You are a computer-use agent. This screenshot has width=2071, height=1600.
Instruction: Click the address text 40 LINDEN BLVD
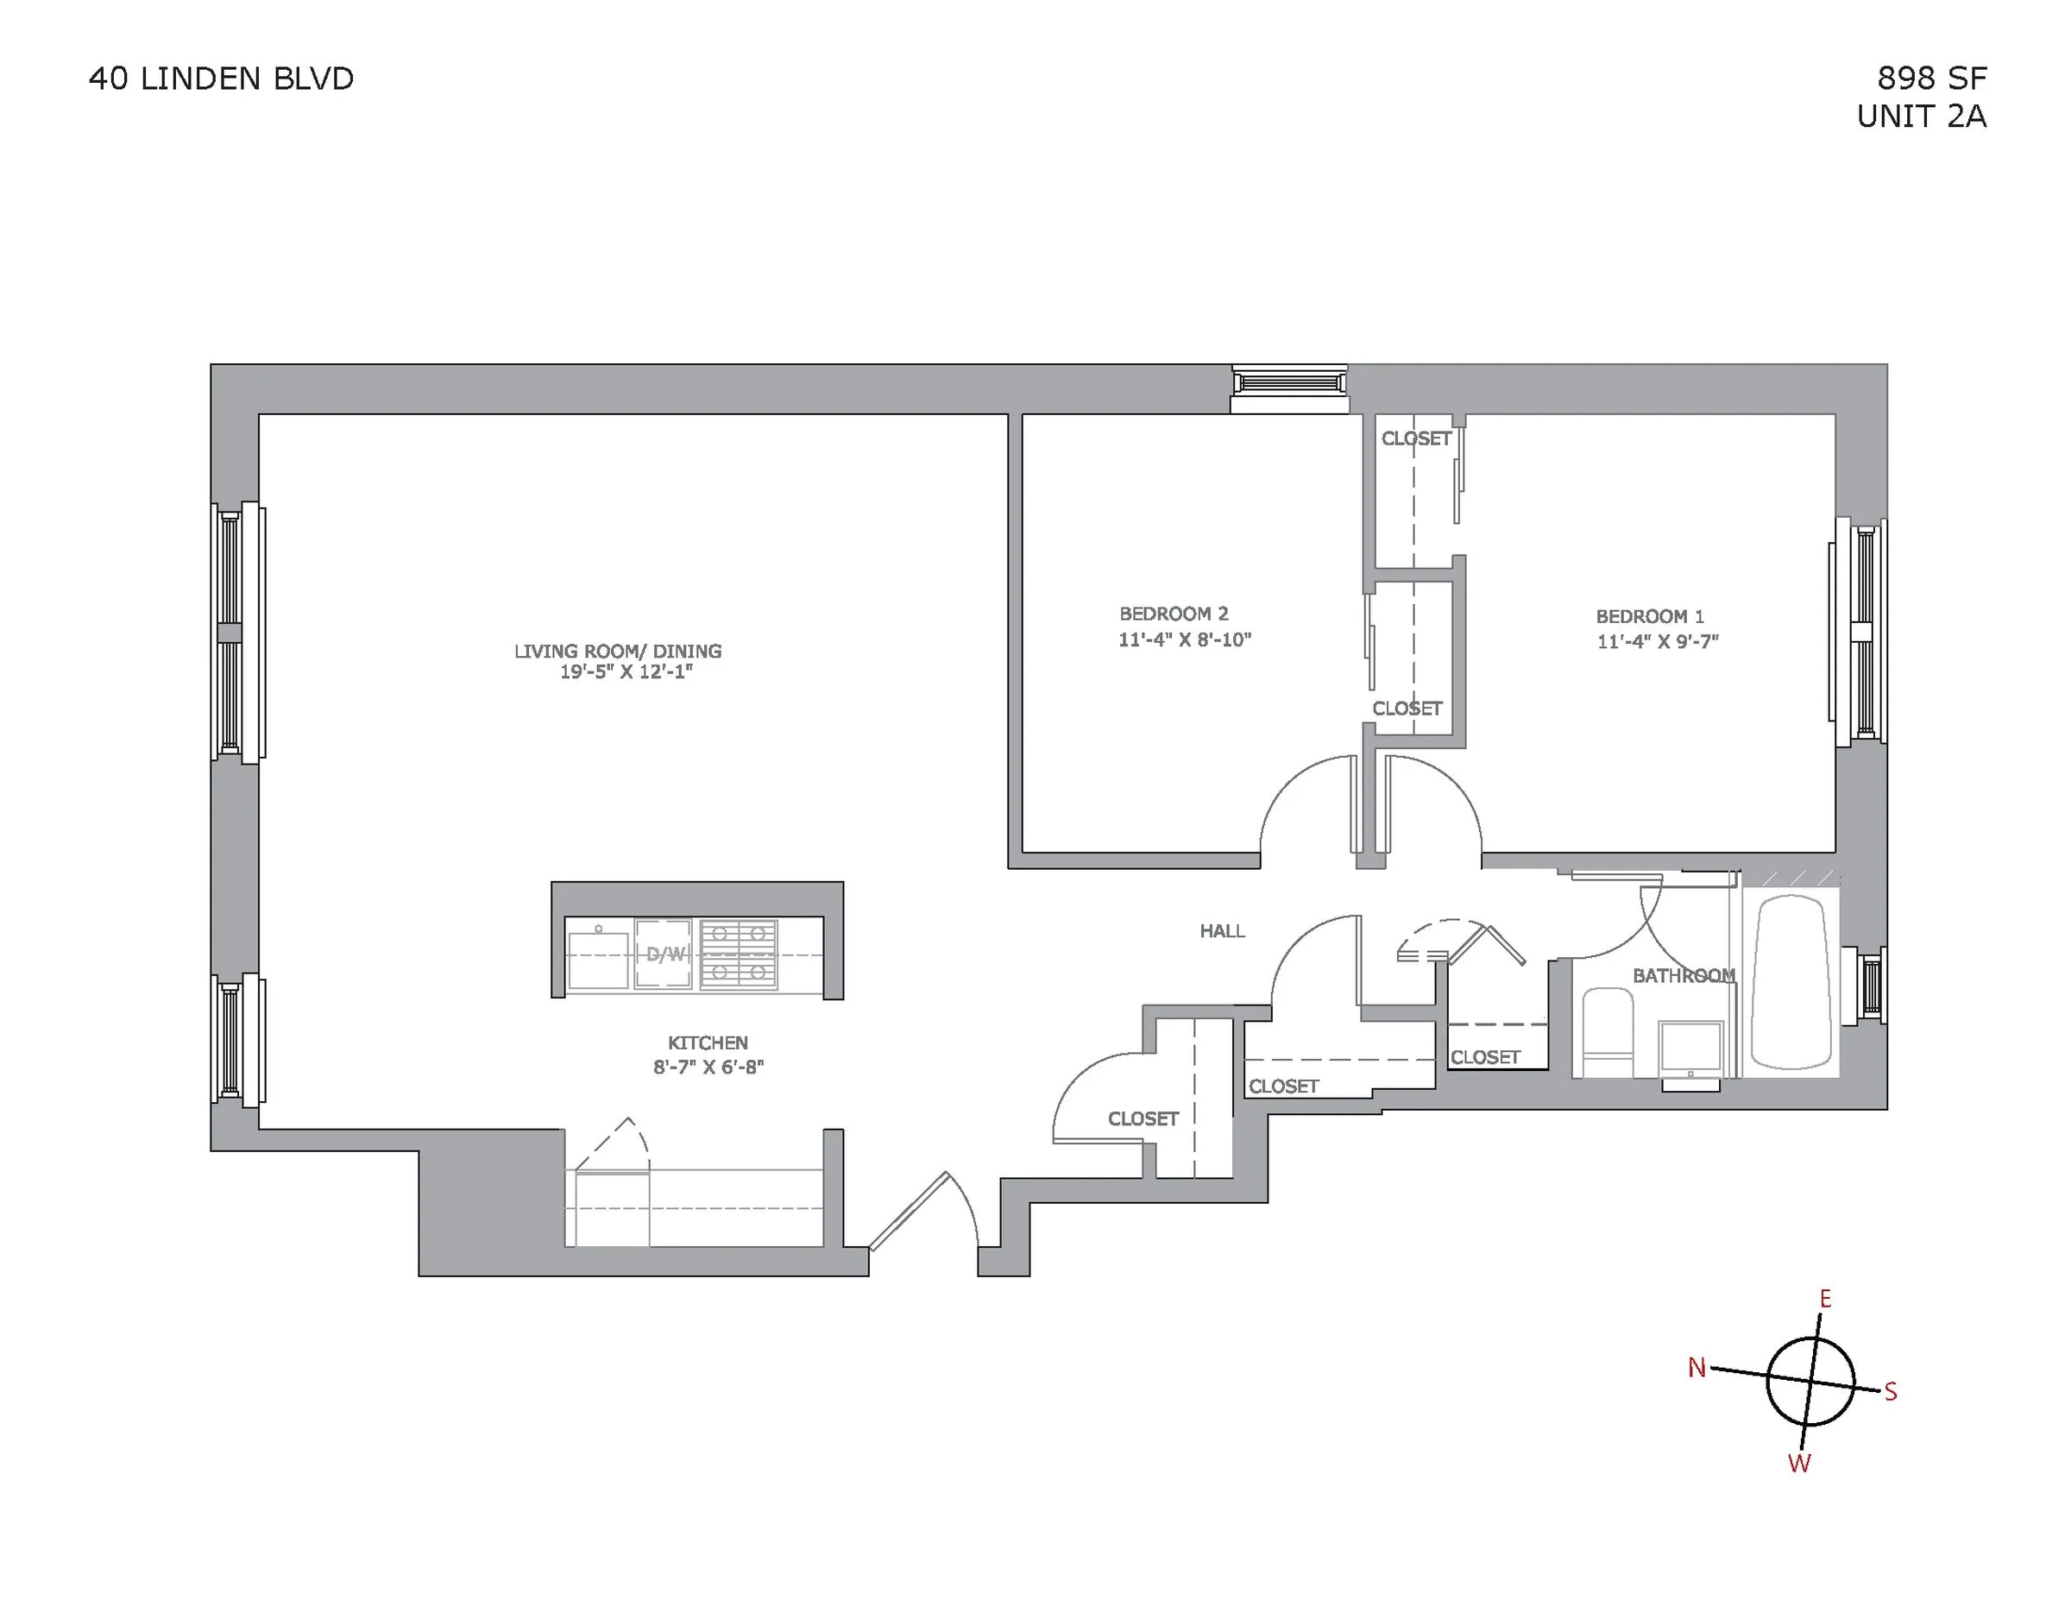tap(221, 79)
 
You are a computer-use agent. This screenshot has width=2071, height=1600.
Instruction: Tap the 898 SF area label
tap(1931, 78)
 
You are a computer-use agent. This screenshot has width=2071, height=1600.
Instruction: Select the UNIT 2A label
tap(1921, 117)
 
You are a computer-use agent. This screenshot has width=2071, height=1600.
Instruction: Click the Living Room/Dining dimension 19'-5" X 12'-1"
tap(626, 672)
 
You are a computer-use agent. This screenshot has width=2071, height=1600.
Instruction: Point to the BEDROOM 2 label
tap(1173, 614)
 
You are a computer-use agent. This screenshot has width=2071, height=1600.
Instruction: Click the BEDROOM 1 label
tap(1649, 616)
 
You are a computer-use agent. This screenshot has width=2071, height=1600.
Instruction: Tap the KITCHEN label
tap(708, 1043)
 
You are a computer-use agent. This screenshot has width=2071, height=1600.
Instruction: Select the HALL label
tap(1222, 931)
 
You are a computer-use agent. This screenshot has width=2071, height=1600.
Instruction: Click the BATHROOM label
tap(1684, 975)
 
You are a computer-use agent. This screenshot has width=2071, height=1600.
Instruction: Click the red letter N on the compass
tap(1696, 1368)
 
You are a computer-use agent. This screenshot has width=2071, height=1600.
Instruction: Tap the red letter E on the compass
tap(1824, 1300)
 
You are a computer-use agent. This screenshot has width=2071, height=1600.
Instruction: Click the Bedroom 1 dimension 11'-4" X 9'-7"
tap(1658, 642)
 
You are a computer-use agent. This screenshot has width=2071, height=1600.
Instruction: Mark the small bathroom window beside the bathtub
tap(1872, 986)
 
